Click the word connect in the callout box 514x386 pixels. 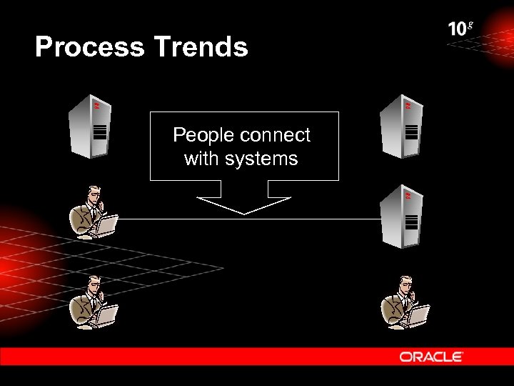278,135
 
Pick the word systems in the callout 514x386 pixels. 261,159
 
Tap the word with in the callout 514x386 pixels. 202,159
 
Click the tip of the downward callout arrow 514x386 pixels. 244,213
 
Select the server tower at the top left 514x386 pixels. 90,127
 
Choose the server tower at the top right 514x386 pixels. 404,126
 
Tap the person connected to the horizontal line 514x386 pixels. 94,212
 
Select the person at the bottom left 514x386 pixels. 94,301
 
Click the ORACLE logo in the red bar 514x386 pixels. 431,356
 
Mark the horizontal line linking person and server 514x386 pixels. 250,219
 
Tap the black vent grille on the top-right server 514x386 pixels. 411,132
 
